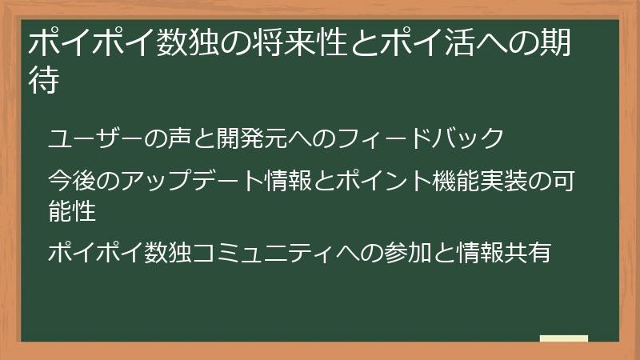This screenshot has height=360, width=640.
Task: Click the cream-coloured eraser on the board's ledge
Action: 564,338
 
